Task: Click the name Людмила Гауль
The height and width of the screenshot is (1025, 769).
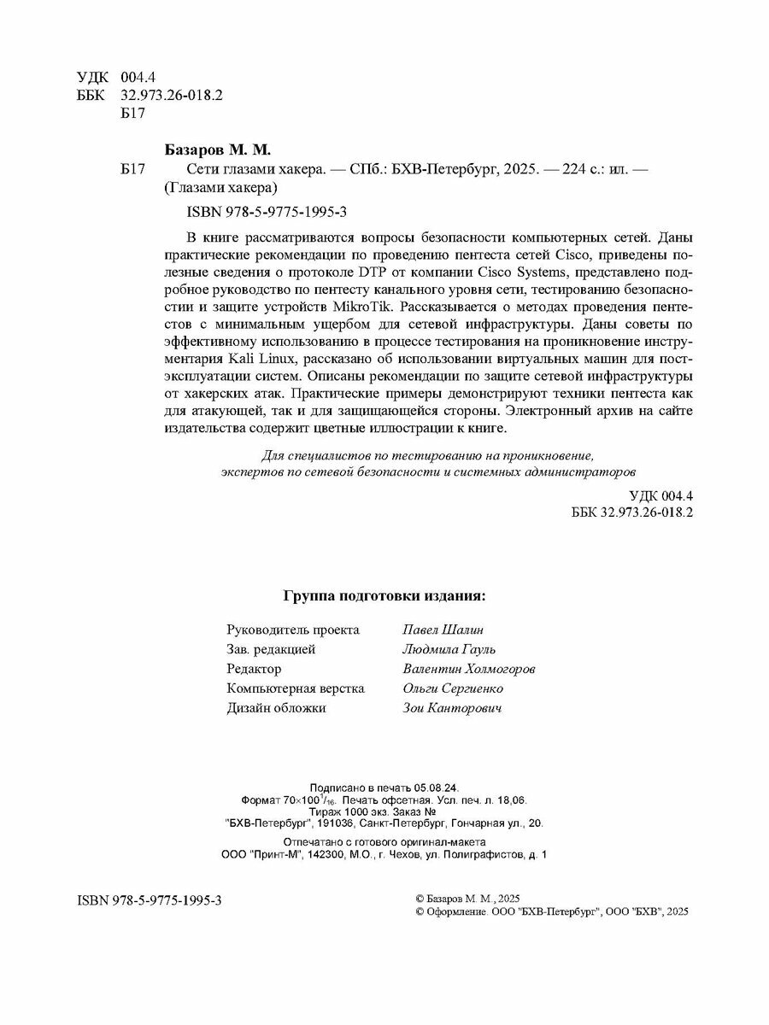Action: pos(448,649)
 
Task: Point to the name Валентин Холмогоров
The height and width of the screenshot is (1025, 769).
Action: pos(469,669)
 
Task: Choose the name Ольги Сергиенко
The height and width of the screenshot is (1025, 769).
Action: pos(452,688)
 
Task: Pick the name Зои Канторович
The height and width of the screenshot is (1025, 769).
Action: pos(452,708)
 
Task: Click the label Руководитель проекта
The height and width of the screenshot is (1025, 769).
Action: pos(293,630)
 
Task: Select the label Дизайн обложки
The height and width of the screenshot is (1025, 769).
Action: pos(276,708)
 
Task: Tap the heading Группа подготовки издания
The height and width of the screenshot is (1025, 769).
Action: pos(384,595)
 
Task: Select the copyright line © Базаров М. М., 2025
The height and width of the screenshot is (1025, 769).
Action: pos(467,899)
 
